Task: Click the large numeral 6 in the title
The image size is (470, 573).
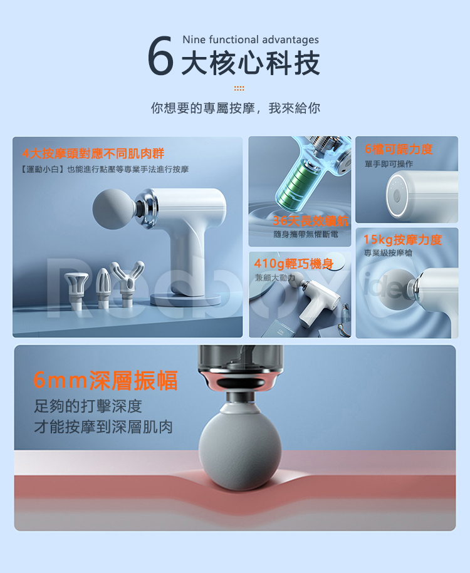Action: (160, 56)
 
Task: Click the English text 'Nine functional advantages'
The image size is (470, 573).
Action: (251, 39)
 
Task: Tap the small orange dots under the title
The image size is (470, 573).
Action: (239, 88)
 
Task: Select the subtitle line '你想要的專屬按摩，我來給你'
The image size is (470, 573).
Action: (236, 108)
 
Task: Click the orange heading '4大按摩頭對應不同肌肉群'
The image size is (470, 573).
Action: (93, 153)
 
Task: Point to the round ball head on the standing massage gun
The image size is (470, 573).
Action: (114, 209)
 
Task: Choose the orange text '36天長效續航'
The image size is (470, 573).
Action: (311, 220)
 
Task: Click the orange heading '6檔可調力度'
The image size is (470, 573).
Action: (399, 149)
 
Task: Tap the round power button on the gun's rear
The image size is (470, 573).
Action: (397, 196)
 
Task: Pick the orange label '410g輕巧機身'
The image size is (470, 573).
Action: (293, 264)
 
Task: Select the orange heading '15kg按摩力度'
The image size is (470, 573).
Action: (402, 240)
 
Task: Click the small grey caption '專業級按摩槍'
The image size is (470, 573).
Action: (388, 253)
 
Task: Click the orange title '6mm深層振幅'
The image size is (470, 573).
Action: (105, 380)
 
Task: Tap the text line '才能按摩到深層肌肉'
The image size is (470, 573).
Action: (103, 427)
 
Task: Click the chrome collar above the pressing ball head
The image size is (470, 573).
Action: (240, 380)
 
